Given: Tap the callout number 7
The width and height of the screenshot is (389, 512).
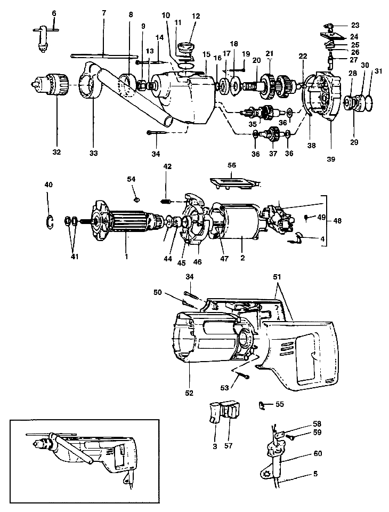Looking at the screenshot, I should (103, 13).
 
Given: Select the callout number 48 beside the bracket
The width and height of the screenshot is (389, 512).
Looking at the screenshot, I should (336, 220).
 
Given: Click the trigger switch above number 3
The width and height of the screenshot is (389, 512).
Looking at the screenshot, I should (215, 412).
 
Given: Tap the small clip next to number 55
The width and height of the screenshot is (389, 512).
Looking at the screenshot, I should (262, 405).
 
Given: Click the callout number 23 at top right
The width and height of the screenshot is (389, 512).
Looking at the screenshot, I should (355, 25).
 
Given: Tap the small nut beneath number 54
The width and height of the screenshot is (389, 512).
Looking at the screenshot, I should (135, 199).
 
